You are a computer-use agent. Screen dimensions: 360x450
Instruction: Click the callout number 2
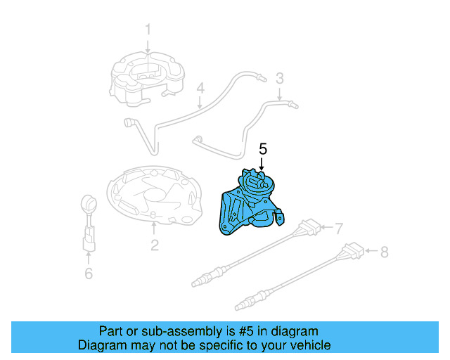154,245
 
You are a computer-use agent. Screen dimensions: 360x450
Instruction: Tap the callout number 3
279,78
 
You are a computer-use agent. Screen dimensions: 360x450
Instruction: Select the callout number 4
200,89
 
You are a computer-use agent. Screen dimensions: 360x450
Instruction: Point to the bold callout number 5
263,149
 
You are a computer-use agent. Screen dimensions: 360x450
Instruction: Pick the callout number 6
88,274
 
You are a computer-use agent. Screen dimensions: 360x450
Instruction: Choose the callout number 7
338,229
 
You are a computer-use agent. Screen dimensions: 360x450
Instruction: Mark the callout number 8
383,250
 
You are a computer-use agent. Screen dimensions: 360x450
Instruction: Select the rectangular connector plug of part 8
354,250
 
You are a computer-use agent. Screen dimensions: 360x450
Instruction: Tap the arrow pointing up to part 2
154,229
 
